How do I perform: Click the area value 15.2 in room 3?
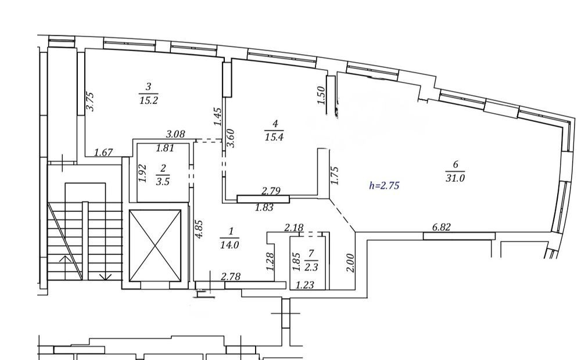pyautogui.click(x=149, y=100)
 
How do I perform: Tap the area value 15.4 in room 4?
pyautogui.click(x=274, y=137)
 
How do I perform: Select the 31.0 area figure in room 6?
pyautogui.click(x=455, y=178)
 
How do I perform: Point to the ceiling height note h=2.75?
pyautogui.click(x=384, y=186)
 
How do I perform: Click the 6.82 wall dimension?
pyautogui.click(x=442, y=226)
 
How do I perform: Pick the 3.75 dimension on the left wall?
pyautogui.click(x=91, y=102)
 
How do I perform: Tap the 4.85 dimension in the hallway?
pyautogui.click(x=199, y=229)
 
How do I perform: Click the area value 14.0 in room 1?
pyautogui.click(x=229, y=245)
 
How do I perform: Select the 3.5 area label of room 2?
pyautogui.click(x=163, y=182)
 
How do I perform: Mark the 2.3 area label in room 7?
pyautogui.click(x=311, y=267)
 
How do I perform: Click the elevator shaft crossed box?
pyautogui.click(x=155, y=246)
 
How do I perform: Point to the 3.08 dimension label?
pyautogui.click(x=175, y=134)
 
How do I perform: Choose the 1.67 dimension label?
pyautogui.click(x=103, y=152)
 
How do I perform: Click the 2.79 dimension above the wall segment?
pyautogui.click(x=271, y=191)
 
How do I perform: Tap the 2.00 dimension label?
pyautogui.click(x=350, y=262)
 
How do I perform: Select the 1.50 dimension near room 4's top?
pyautogui.click(x=321, y=95)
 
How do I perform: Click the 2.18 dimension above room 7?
pyautogui.click(x=293, y=227)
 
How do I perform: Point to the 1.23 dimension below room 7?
pyautogui.click(x=304, y=285)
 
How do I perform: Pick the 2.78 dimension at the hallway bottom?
pyautogui.click(x=231, y=276)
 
